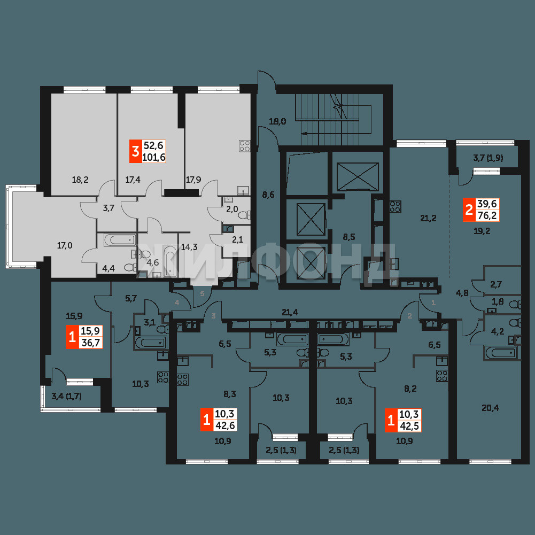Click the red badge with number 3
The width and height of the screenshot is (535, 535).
[135, 151]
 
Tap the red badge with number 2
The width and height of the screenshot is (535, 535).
[469, 210]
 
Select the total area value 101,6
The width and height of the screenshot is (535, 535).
[154, 157]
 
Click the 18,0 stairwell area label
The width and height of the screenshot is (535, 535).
[277, 121]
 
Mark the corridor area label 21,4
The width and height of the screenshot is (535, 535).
[290, 312]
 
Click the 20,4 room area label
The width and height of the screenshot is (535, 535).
[490, 407]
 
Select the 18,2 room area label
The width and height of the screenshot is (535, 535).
[80, 180]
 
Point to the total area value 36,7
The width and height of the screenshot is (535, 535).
[90, 342]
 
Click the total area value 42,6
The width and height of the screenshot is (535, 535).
[225, 425]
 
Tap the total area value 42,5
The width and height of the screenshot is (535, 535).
[409, 426]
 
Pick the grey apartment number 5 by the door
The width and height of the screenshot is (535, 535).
[202, 293]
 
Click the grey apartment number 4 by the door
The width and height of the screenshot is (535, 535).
[177, 303]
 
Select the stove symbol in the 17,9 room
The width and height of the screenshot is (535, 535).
[244, 146]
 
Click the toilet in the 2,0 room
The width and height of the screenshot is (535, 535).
[244, 215]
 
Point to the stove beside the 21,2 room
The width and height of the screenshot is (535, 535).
[396, 206]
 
